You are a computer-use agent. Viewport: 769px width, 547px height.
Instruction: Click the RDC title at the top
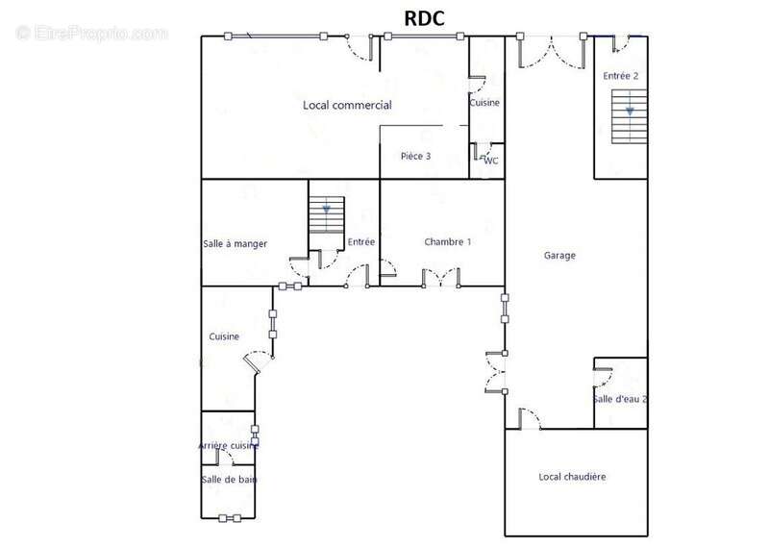point(424,18)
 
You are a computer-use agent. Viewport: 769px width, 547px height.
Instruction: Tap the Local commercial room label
point(347,105)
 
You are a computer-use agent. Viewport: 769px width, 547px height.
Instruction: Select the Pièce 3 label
point(415,156)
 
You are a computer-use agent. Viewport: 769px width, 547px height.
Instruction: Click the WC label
point(491,161)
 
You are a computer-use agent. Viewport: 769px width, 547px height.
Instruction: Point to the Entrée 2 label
point(620,76)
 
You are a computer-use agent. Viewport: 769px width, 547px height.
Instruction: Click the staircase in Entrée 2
point(630,116)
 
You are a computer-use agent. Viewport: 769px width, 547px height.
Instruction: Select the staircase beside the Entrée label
point(327,215)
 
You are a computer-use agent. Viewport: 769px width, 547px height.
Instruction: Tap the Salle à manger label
point(235,244)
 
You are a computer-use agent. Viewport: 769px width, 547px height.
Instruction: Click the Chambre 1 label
point(447,242)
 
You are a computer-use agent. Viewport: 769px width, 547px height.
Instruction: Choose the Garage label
point(559,255)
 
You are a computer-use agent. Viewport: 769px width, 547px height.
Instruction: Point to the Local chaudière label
point(572,477)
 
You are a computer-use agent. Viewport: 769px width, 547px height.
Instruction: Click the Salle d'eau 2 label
point(620,399)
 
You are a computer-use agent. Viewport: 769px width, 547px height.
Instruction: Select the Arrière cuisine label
point(228,445)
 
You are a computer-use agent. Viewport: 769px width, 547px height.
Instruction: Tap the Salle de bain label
point(229,480)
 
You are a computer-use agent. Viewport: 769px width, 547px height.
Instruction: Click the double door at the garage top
point(552,52)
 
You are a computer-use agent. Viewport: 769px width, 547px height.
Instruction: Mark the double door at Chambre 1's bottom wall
point(441,277)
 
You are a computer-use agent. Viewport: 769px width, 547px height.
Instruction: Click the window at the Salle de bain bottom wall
point(230,518)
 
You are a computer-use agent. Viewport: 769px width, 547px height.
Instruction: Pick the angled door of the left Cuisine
point(258,362)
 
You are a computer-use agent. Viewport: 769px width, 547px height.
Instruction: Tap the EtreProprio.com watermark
point(92,33)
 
